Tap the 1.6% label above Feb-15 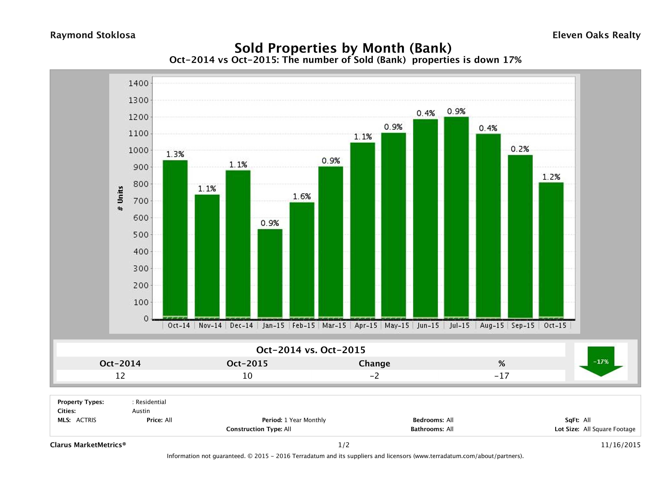(302, 196)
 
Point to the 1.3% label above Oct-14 (175, 154)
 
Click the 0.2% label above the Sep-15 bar (520, 149)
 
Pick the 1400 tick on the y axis (139, 84)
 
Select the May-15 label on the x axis (397, 325)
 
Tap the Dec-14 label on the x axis (241, 325)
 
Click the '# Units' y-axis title (120, 199)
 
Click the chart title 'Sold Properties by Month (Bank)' (343, 48)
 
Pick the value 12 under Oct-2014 (120, 376)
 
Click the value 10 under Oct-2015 (247, 376)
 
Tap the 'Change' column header (374, 364)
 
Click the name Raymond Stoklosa (93, 35)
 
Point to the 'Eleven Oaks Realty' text (596, 35)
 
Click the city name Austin (141, 411)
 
